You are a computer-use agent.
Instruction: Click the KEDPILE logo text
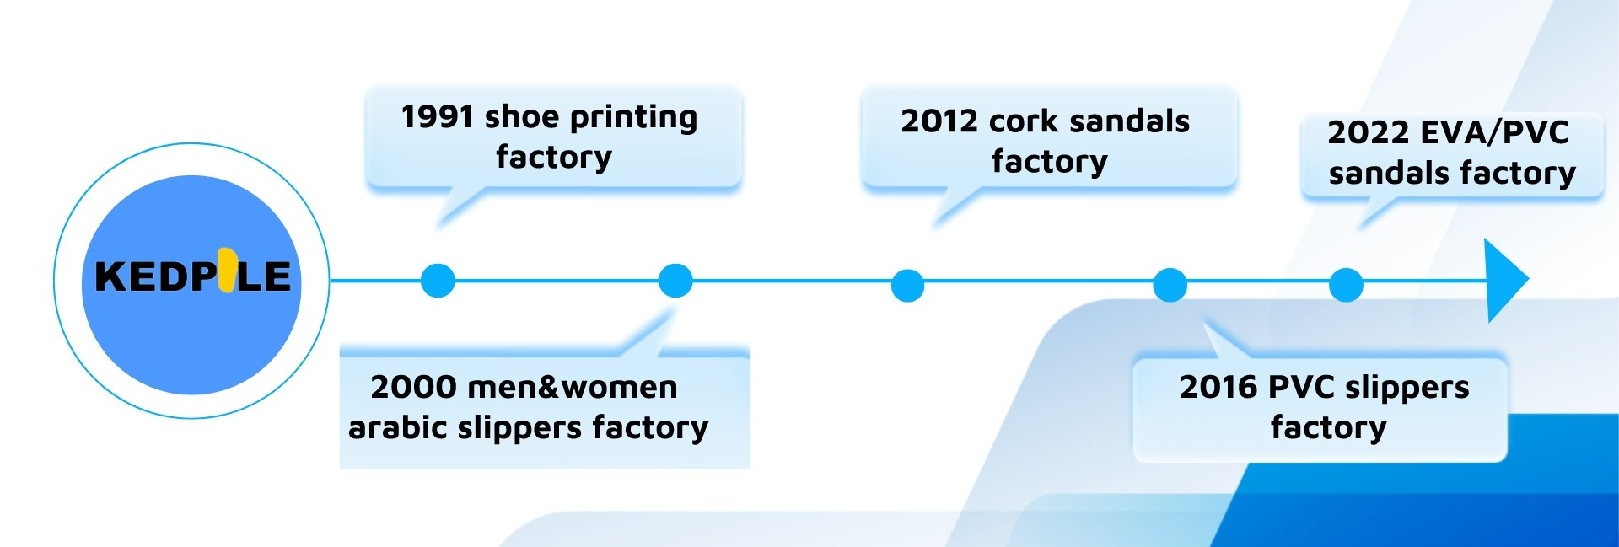[x=192, y=276]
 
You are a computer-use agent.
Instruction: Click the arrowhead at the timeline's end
[x=1505, y=280]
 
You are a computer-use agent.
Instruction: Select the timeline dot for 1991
[x=438, y=281]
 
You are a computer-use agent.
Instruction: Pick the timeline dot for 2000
[x=675, y=281]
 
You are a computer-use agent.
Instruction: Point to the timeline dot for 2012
[x=907, y=286]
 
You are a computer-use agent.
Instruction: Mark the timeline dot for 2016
[x=1170, y=285]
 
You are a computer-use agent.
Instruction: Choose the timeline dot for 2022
[x=1346, y=285]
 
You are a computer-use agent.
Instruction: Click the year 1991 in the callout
[x=437, y=117]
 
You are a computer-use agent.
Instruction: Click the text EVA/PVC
[x=1494, y=132]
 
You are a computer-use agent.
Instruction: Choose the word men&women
[x=572, y=388]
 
